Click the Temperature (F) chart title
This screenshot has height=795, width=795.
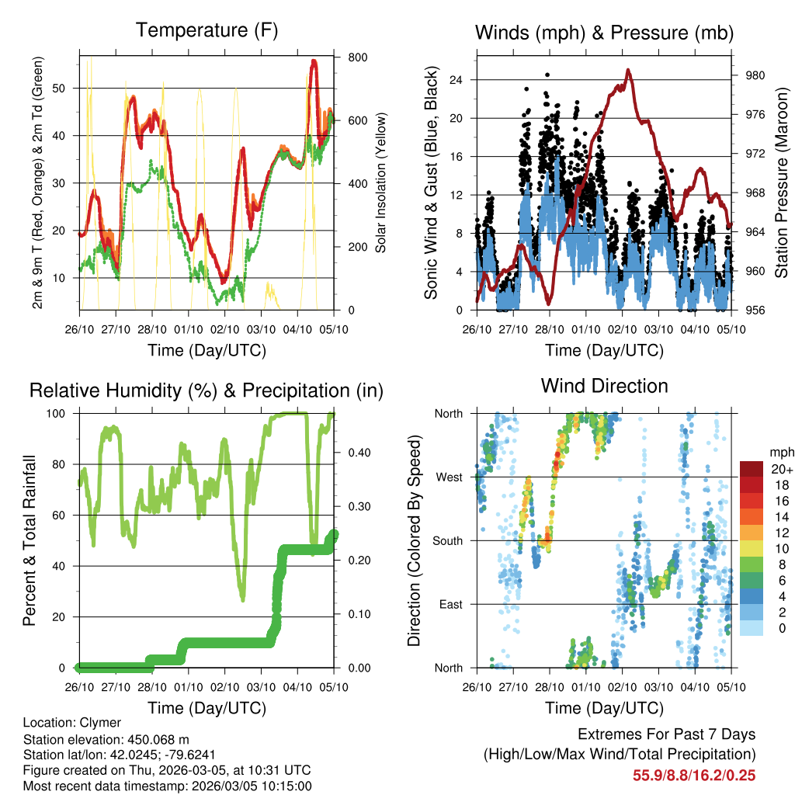(207, 31)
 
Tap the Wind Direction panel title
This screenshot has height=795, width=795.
(604, 386)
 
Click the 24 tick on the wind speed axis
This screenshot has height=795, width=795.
(457, 80)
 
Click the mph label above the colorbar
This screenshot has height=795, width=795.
(780, 452)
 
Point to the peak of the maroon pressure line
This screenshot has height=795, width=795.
(627, 70)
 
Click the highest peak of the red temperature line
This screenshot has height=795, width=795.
(314, 61)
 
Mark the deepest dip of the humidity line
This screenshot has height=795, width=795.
(243, 599)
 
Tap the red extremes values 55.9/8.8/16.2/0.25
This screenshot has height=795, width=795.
(694, 776)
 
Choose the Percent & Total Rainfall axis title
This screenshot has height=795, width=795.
(30, 540)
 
